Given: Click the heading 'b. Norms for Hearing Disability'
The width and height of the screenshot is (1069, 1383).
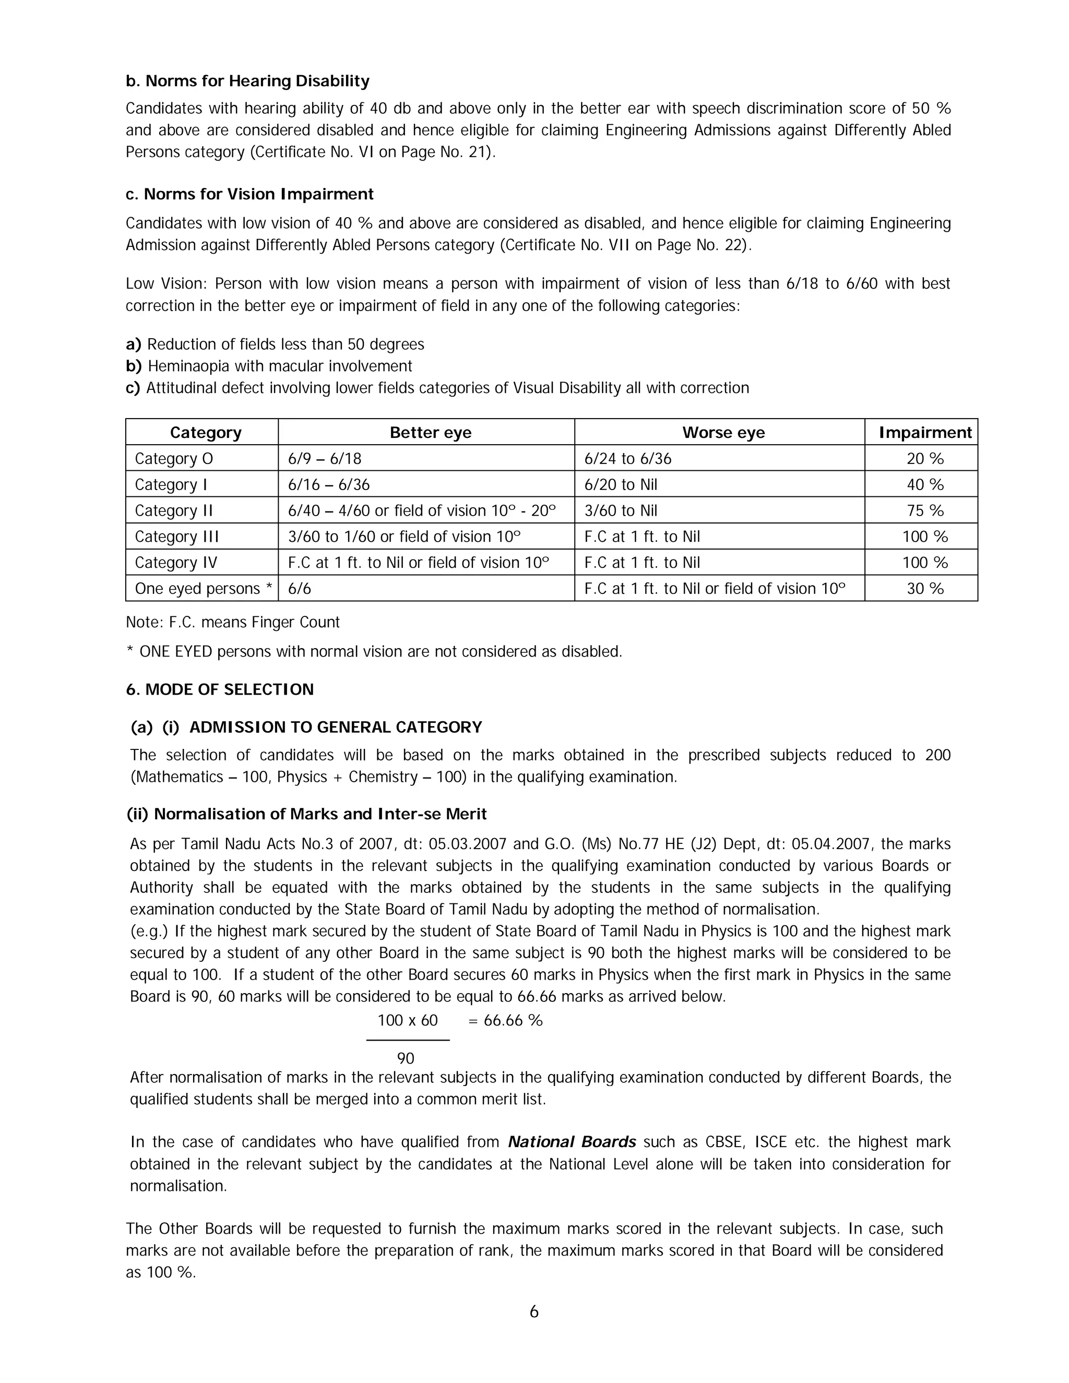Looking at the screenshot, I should coord(247,81).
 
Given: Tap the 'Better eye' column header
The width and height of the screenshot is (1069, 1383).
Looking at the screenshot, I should coord(430,433).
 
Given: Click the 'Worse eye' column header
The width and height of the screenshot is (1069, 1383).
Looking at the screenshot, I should coord(723,433).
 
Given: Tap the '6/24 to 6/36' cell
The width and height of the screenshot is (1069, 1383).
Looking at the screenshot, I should coord(627,458).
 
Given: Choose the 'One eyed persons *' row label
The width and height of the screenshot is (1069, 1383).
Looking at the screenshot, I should coord(203,588).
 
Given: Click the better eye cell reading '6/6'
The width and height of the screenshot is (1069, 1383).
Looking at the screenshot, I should coord(300,588).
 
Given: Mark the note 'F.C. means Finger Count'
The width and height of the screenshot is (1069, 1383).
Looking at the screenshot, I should coord(232,622).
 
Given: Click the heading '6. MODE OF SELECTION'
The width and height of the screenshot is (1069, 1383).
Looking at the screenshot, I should coord(220,689).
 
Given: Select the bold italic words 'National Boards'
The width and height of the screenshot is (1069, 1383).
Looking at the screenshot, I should coord(572,1142).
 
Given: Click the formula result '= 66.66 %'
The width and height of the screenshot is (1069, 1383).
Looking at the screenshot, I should coord(505,1020).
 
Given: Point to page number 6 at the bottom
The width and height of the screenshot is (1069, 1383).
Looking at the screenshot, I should coord(534,1312).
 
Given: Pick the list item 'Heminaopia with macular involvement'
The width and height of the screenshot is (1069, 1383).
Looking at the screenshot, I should coord(279,366).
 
